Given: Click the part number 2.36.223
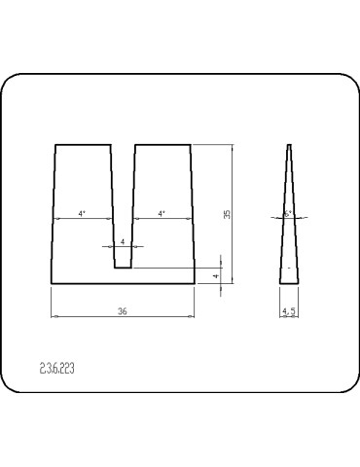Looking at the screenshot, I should click(x=57, y=369).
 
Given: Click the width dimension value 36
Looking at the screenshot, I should click(x=122, y=311).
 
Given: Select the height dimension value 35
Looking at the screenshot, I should click(x=227, y=214).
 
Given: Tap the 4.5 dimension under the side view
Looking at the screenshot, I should click(x=288, y=311).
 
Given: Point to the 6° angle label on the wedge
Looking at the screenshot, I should click(x=288, y=212).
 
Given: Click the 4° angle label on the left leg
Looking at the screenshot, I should click(x=82, y=213).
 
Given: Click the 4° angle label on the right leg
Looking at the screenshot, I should click(x=161, y=213).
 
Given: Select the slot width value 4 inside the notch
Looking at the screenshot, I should click(x=122, y=241).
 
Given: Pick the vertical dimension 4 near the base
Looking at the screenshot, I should click(x=216, y=275).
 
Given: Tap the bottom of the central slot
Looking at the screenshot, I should click(x=124, y=268).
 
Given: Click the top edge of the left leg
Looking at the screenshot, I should click(x=83, y=145).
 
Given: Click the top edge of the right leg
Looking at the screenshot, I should click(x=162, y=145).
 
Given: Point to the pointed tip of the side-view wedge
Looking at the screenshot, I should click(x=289, y=146).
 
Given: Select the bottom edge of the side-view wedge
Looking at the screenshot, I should click(x=289, y=283).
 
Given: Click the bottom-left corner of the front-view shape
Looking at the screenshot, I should click(x=52, y=283).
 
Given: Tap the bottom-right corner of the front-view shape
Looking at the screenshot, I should click(x=195, y=283).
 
